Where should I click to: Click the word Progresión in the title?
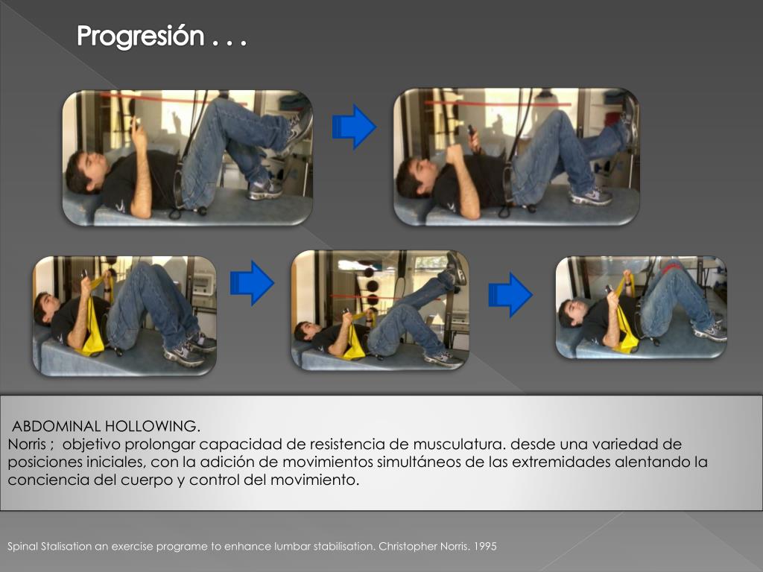pos(140,36)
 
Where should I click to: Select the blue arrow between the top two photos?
pos(354,127)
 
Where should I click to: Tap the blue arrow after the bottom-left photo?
pos(252,283)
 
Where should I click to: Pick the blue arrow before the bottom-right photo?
pos(510,295)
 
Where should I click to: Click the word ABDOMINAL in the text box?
pos(56,426)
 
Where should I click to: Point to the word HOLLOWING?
pos(152,426)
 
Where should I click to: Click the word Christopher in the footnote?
pos(408,547)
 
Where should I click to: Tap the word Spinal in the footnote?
pos(22,547)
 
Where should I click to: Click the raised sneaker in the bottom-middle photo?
pos(457,268)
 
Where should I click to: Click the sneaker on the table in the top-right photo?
pos(590,197)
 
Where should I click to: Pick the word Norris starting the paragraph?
pos(27,444)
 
